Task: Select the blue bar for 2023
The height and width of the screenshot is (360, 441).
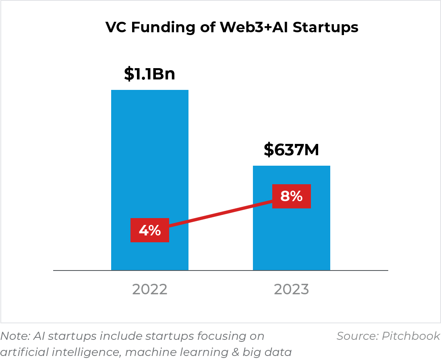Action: click(x=291, y=242)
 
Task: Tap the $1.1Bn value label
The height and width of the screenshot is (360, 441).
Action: click(x=149, y=74)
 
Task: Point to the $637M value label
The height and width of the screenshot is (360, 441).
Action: click(x=291, y=150)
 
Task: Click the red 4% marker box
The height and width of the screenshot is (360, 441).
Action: click(x=149, y=231)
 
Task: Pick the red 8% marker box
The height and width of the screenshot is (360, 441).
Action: click(x=291, y=196)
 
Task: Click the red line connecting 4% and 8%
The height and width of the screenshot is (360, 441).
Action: click(x=221, y=214)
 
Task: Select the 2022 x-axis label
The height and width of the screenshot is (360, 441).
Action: click(x=149, y=289)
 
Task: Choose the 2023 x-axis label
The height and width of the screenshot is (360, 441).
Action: click(x=291, y=289)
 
